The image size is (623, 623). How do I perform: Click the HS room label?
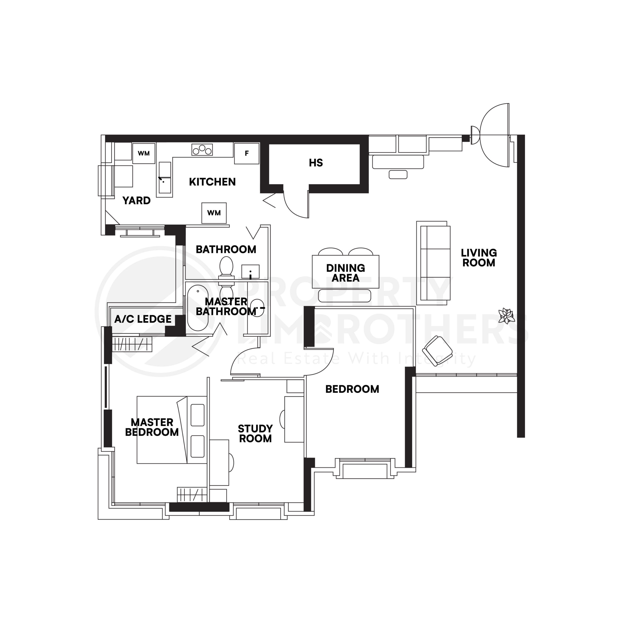[x=315, y=163]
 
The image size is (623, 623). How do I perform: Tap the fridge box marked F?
[x=247, y=154]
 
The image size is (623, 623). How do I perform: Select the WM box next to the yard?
[x=144, y=154]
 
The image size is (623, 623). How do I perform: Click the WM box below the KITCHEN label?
[x=214, y=213]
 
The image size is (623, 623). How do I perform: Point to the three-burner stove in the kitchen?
[x=202, y=150]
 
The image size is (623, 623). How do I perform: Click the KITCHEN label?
[x=212, y=182]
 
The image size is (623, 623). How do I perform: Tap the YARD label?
[x=136, y=201]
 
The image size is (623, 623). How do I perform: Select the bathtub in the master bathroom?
[x=198, y=308]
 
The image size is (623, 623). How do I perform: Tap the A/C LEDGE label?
[x=143, y=319]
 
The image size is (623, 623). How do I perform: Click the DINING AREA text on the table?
[x=345, y=273]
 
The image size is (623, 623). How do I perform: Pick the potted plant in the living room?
[x=506, y=315]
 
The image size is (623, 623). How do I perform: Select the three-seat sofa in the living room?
[x=433, y=263]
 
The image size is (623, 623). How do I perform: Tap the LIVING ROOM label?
[x=478, y=258]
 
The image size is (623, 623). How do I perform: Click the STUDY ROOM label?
[x=255, y=433]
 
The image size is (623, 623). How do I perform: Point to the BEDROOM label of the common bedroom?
[x=352, y=389]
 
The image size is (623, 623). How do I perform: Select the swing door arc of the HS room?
[x=295, y=206]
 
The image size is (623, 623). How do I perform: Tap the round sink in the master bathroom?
[x=257, y=308]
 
